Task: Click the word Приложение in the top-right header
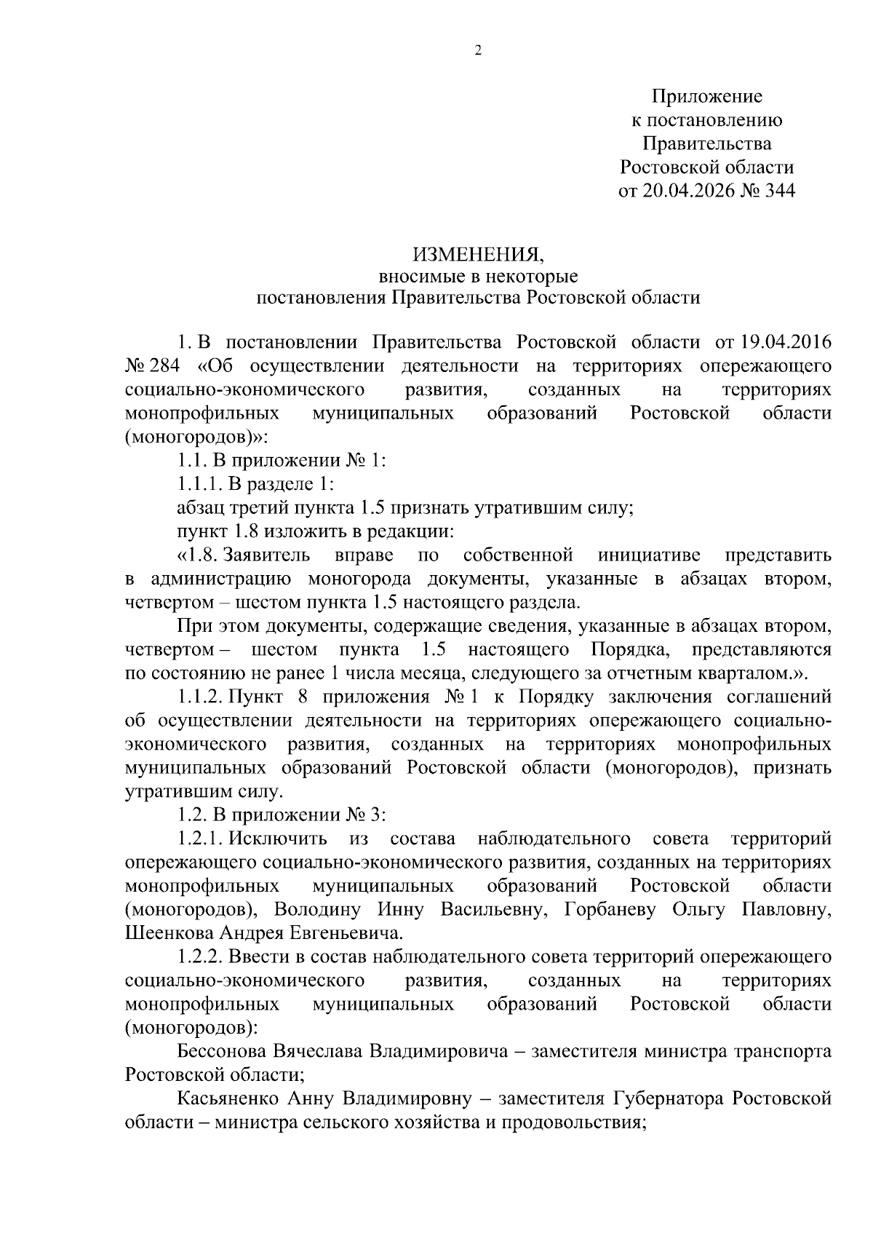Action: pyautogui.click(x=706, y=96)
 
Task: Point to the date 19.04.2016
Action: pyautogui.click(x=786, y=342)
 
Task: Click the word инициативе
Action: pyautogui.click(x=649, y=555)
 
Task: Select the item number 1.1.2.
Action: pyautogui.click(x=199, y=697)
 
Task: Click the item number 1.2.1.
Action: pyautogui.click(x=199, y=839)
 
